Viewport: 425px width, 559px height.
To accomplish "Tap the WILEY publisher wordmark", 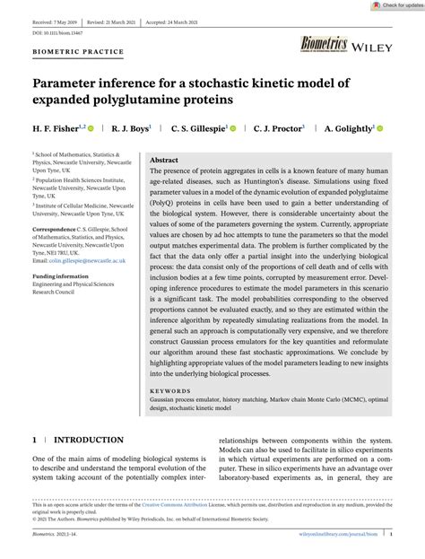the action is tap(373, 46).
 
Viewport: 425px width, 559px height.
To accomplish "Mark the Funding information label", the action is tap(61, 276).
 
